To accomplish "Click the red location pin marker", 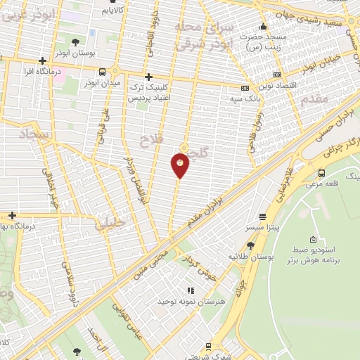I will click(180, 165).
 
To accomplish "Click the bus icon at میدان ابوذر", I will click(103, 71).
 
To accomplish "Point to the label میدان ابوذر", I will click(103, 84).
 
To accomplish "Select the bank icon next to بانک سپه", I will click(245, 89).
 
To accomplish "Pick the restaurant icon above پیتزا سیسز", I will click(262, 217).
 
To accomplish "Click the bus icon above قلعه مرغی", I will click(321, 173).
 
